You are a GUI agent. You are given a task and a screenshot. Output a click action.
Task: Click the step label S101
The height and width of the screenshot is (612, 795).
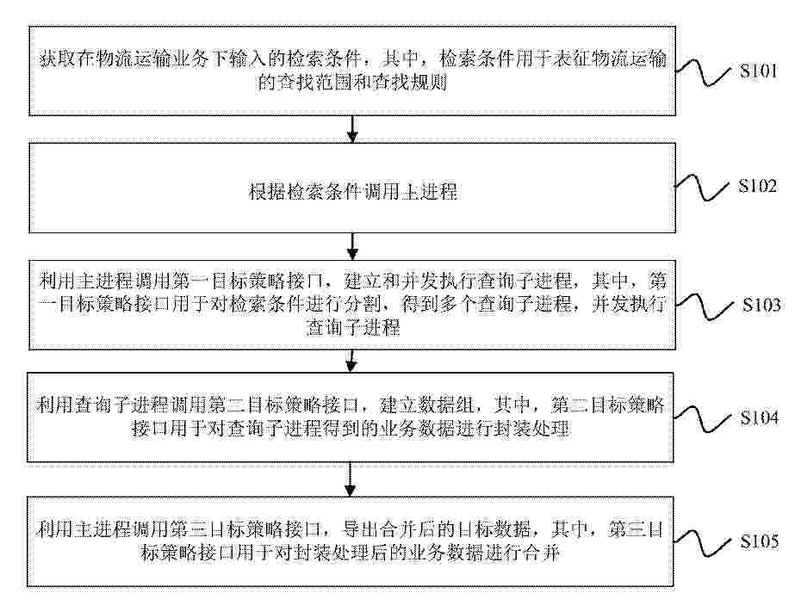tap(759, 71)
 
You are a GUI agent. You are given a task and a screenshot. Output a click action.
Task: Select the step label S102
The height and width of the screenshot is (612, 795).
tap(757, 186)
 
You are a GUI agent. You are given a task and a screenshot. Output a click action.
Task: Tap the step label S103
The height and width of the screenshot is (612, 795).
tap(761, 305)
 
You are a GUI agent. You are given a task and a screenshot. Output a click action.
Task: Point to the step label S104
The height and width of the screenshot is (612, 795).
tap(759, 418)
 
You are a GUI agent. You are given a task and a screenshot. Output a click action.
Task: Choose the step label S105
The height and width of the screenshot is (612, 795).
tap(759, 541)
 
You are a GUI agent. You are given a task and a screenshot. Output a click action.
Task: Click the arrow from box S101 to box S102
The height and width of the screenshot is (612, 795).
tap(352, 129)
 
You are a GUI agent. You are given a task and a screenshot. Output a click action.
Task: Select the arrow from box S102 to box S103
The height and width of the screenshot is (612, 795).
tap(352, 247)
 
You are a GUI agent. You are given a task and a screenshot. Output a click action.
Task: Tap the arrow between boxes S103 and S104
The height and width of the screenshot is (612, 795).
tap(351, 361)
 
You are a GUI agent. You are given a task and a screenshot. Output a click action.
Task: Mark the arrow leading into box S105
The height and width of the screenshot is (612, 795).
tap(350, 479)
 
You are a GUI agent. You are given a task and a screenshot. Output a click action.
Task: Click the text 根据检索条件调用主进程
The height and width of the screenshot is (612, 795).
tap(353, 192)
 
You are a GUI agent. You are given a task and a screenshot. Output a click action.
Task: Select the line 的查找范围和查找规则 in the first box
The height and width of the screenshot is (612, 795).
tap(352, 82)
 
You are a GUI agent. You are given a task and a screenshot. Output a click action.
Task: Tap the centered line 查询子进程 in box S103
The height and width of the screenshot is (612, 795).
tap(353, 328)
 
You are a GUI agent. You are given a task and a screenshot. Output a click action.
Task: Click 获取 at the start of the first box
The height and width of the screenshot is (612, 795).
tap(58, 59)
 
